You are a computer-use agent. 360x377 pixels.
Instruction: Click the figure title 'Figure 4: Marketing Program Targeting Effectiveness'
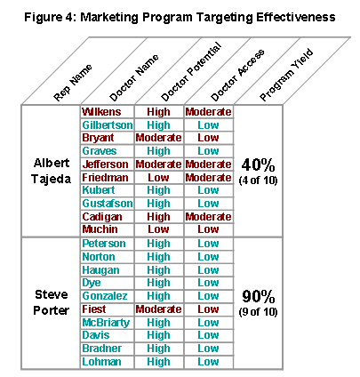(180, 17)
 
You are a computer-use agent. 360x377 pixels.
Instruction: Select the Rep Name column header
(73, 83)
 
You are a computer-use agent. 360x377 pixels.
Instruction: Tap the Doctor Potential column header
(191, 71)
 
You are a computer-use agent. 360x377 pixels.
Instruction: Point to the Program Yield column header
(286, 75)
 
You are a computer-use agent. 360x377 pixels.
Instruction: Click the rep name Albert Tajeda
(51, 171)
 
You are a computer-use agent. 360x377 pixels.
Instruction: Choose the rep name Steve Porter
(51, 302)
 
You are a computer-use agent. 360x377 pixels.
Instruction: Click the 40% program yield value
(258, 164)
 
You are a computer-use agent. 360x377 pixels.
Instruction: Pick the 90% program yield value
(258, 296)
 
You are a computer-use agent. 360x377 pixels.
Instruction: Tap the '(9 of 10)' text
(258, 312)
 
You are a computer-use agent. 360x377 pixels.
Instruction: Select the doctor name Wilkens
(101, 112)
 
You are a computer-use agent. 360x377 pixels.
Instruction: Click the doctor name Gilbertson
(108, 124)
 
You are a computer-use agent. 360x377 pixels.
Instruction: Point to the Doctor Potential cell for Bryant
(158, 138)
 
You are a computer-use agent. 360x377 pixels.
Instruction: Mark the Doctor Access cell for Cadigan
(208, 217)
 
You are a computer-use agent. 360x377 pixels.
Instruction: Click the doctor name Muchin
(100, 229)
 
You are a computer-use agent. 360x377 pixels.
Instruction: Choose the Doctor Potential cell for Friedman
(158, 178)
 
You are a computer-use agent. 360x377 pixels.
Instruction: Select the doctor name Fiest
(94, 309)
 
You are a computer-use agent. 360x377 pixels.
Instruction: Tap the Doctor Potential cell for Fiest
(158, 309)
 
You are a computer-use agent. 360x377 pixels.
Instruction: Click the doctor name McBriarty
(106, 323)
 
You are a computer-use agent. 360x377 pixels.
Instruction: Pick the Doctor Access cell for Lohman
(208, 362)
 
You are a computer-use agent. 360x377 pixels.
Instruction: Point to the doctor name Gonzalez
(105, 296)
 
